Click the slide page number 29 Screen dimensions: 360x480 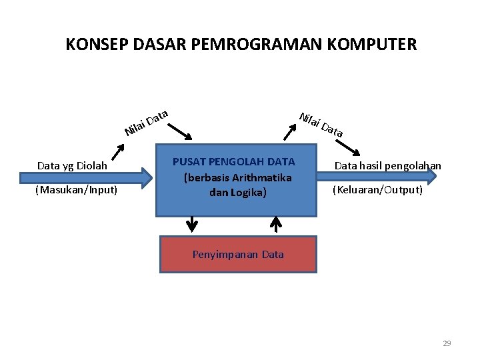[x=447, y=343]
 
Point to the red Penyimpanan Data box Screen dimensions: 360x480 [x=237, y=254]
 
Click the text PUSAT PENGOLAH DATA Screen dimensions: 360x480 [x=233, y=161]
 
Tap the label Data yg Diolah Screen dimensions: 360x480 [x=72, y=165]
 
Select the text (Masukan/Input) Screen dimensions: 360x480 [x=76, y=191]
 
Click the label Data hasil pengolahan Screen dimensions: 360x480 [x=387, y=165]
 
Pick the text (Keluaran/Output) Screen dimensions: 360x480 [x=377, y=190]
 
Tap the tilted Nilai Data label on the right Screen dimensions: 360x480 [x=321, y=124]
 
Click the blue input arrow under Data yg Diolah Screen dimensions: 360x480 [x=87, y=178]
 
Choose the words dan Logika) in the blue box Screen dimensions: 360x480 [x=237, y=193]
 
